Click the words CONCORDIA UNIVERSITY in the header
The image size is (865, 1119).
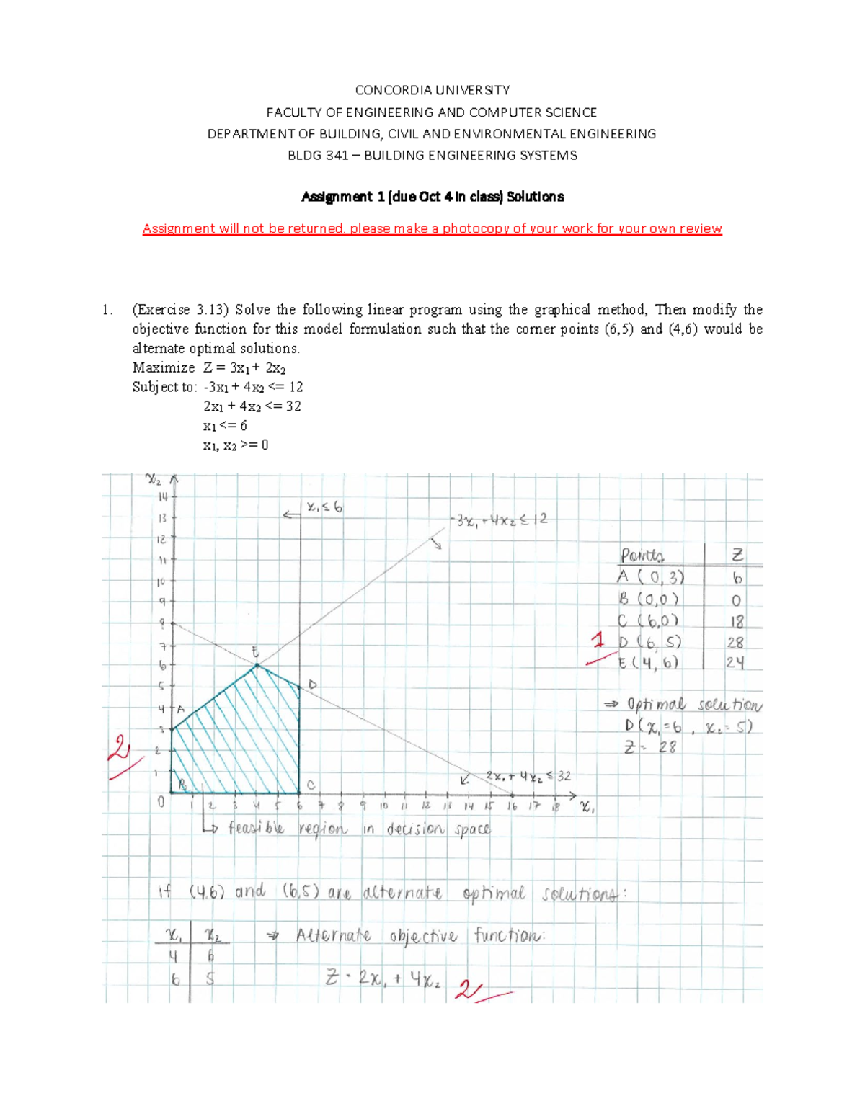(432, 90)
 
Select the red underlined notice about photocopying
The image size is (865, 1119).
(432, 228)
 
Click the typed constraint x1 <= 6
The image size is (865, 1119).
(225, 426)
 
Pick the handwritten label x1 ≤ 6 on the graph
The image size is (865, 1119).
(324, 507)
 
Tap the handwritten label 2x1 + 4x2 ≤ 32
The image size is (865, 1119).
(528, 776)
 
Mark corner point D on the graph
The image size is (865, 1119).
(313, 684)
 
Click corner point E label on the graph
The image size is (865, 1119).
(255, 651)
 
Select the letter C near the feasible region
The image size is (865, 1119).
(311, 785)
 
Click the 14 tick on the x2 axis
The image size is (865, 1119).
(163, 496)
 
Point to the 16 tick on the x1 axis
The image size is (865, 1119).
(512, 806)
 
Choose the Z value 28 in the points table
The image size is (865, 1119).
(735, 643)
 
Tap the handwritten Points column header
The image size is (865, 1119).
(642, 556)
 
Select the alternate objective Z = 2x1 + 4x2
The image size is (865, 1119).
(382, 978)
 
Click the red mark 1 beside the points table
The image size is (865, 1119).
(598, 640)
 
